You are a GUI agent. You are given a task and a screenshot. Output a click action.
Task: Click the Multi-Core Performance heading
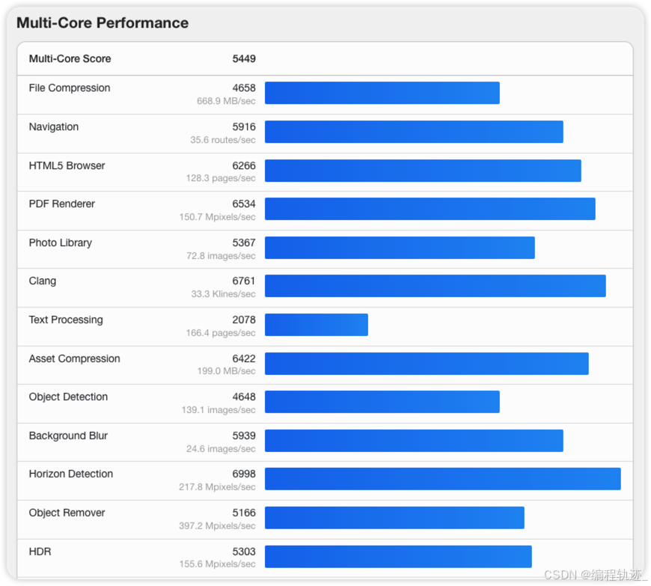click(x=103, y=23)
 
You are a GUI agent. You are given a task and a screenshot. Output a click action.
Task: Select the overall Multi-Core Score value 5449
click(x=243, y=59)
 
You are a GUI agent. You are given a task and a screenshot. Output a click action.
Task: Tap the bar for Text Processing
click(x=316, y=325)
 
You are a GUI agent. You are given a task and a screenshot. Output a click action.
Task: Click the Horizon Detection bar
click(x=442, y=479)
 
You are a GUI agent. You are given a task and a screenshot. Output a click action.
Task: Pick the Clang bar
click(x=435, y=286)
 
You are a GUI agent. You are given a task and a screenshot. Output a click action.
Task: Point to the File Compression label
click(x=70, y=88)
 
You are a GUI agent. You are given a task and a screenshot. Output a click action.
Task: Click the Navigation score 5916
click(x=243, y=127)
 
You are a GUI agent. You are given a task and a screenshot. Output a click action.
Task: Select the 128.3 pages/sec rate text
click(x=221, y=179)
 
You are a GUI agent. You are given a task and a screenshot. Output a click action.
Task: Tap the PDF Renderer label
click(x=62, y=204)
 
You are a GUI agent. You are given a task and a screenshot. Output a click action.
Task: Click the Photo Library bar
click(x=400, y=248)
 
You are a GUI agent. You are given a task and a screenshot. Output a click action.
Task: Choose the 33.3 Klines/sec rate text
click(x=223, y=294)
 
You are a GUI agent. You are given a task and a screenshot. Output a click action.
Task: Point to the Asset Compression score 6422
click(x=243, y=359)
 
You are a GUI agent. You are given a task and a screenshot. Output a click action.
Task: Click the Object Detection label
click(x=68, y=397)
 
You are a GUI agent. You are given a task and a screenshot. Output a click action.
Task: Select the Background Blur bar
click(x=414, y=441)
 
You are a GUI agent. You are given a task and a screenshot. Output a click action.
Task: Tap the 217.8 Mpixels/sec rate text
click(x=217, y=487)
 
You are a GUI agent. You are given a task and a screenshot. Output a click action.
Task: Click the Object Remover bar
click(x=394, y=518)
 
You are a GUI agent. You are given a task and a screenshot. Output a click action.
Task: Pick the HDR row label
click(x=40, y=552)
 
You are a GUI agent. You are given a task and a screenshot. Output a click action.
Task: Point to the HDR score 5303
click(x=243, y=552)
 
